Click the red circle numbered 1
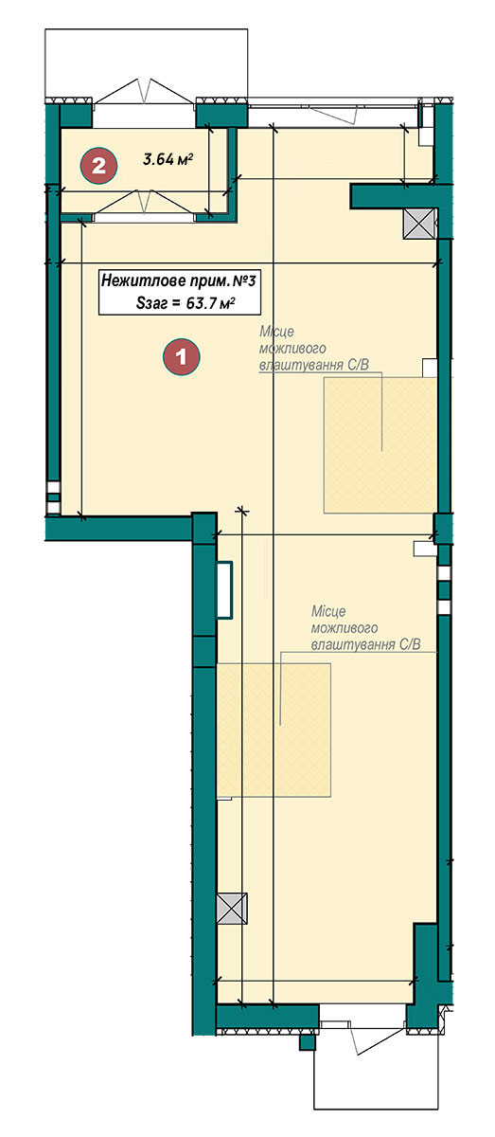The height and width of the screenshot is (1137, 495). (x=181, y=357)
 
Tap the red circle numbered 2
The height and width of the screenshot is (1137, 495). (x=98, y=165)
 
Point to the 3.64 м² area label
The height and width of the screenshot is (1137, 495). (x=168, y=160)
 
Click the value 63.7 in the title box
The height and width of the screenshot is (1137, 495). (x=201, y=303)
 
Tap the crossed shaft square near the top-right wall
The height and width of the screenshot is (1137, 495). (x=419, y=224)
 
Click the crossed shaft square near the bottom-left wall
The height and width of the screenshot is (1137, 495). (x=232, y=908)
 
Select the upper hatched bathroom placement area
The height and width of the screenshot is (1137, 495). (x=380, y=444)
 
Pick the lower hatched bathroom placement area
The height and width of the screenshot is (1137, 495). (x=274, y=730)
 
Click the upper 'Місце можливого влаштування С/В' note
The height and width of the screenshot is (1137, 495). (x=314, y=349)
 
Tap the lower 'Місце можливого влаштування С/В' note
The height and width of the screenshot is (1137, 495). (x=365, y=628)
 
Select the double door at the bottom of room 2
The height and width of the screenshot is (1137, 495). (x=144, y=203)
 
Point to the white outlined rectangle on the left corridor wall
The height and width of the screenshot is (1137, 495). (x=224, y=589)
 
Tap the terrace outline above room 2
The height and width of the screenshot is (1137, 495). (x=147, y=63)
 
